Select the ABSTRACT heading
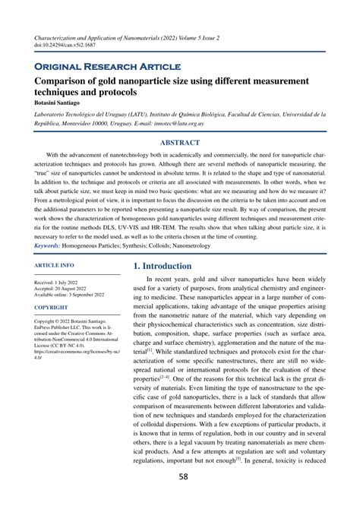coord(180,142)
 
